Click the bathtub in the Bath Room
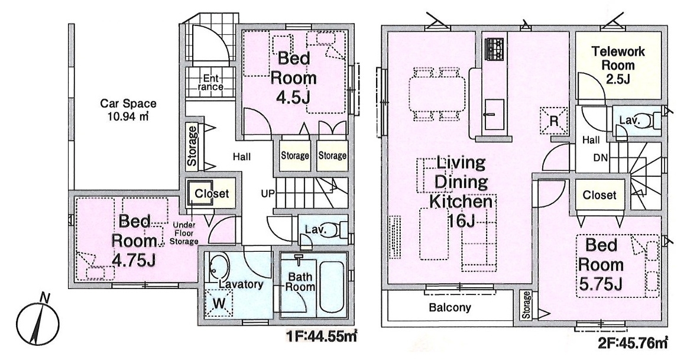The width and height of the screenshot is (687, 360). click(x=332, y=286)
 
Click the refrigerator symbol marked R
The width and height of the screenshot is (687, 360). click(x=553, y=120)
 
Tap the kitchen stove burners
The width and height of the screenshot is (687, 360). click(x=494, y=49)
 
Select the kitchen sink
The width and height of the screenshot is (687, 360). click(x=494, y=113)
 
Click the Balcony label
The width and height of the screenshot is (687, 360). click(x=450, y=307)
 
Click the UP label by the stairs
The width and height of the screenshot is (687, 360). click(x=267, y=193)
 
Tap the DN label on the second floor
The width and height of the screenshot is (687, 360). click(x=601, y=157)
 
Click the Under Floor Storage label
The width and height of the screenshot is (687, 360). click(x=184, y=233)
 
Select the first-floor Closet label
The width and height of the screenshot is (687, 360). click(x=212, y=193)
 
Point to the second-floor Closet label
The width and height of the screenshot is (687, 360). click(x=599, y=195)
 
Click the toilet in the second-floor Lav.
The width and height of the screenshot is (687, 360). click(x=653, y=120)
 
